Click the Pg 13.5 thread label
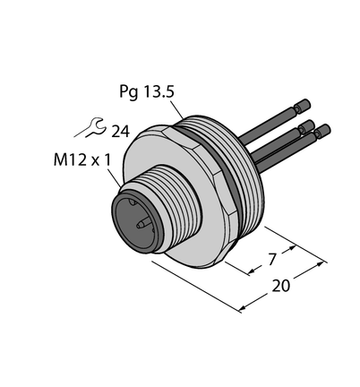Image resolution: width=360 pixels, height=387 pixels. pos(147,91)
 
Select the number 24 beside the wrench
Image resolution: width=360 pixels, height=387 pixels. pos(121,132)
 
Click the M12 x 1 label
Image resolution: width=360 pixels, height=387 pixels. pos(81,160)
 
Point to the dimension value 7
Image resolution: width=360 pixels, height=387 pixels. pos(271,259)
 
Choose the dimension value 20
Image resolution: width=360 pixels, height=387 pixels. pos(281,286)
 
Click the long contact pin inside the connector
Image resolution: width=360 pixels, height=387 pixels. pos(144,223)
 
